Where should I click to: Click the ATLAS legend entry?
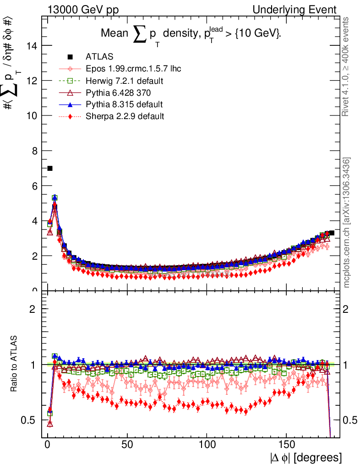(x=96, y=57)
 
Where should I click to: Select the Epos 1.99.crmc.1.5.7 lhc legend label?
(x=133, y=69)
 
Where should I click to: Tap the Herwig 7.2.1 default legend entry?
(x=125, y=81)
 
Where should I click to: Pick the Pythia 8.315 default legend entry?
(x=124, y=104)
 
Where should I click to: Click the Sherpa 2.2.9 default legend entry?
(x=125, y=116)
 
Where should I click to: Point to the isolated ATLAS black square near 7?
(x=50, y=169)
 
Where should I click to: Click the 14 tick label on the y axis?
(x=31, y=45)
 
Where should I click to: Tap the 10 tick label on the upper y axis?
(x=31, y=115)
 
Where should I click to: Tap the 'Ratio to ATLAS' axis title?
(x=15, y=365)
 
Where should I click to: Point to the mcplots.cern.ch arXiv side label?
(x=347, y=223)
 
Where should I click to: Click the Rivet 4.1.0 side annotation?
(x=347, y=67)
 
